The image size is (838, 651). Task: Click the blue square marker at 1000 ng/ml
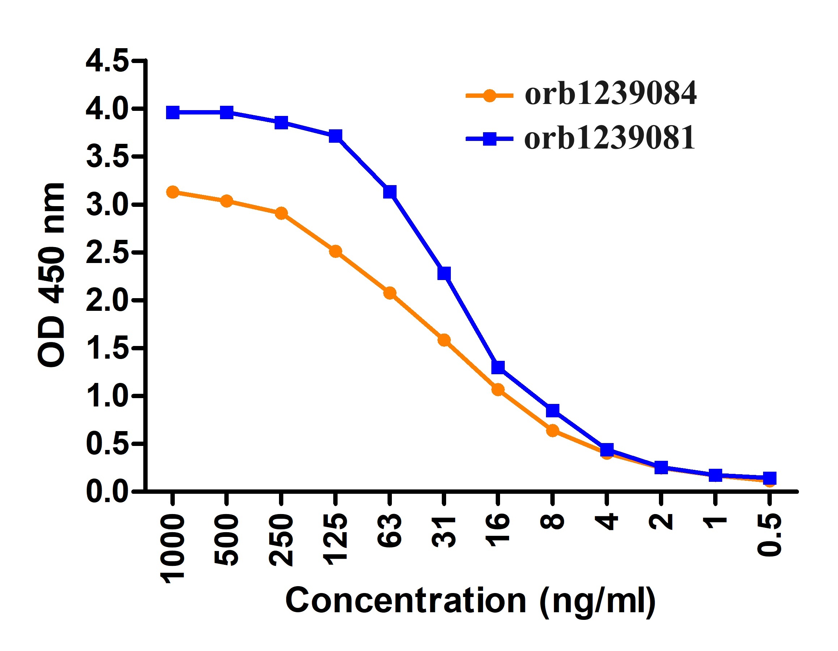coord(173,113)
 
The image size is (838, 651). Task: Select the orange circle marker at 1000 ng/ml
coord(173,192)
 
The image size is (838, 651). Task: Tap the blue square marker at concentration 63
coord(390,192)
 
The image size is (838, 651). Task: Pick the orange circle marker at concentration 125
coord(336,251)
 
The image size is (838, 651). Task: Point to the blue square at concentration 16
coord(498,367)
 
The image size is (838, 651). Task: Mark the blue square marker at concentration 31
coord(444,274)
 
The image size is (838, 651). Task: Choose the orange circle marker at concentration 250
coord(281,213)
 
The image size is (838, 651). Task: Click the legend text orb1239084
coord(610,94)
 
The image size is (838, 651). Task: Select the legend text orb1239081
coord(610,138)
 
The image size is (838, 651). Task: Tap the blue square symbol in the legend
coord(490,139)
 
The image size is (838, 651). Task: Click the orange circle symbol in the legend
coord(489,95)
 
